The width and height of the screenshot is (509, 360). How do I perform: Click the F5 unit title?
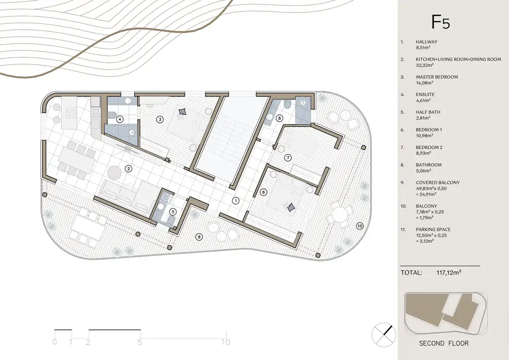pos(440,22)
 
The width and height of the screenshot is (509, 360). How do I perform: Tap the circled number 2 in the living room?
pos(129,169)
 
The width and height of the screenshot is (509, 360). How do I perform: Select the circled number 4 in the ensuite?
pos(120,119)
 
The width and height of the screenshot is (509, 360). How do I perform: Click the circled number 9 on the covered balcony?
pos(199,237)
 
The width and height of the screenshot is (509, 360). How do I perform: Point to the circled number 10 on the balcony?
pos(360,226)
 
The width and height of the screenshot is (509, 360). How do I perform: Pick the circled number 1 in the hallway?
pos(236,200)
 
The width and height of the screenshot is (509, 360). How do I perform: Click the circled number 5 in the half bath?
pos(173,212)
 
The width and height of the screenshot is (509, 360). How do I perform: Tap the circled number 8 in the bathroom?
pos(279,118)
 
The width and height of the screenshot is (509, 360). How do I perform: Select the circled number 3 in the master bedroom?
pos(160,119)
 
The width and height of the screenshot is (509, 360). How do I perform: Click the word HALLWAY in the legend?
pos(426,42)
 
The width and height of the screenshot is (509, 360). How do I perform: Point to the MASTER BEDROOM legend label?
pos(437,77)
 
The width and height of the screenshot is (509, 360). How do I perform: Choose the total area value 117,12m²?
pos(449,272)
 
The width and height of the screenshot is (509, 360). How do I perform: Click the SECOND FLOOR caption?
pos(444,343)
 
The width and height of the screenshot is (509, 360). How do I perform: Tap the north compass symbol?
pos(384,335)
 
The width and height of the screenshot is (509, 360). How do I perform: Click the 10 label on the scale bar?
pos(226,342)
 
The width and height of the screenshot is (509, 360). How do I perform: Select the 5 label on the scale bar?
pos(140,342)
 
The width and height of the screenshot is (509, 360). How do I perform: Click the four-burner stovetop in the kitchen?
pos(72,113)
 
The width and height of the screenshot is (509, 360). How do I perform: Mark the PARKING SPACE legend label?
pos(433,229)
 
